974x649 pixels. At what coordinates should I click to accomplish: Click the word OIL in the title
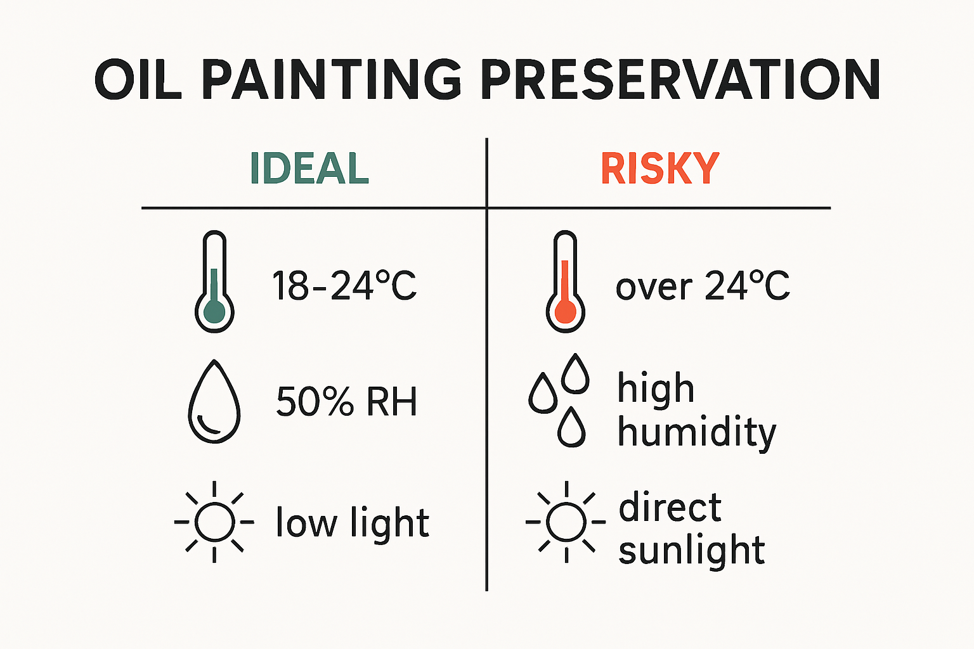138,80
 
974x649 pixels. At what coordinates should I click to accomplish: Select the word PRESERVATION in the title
679,80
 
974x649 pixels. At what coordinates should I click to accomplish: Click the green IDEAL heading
309,169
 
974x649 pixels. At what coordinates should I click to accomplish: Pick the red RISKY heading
660,169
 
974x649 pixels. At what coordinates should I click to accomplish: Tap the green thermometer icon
214,282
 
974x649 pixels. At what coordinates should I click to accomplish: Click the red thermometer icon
565,282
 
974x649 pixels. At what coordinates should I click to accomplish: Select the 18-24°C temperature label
344,286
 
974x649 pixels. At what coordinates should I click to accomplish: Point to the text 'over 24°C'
703,286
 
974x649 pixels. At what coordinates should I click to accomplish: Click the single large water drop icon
214,402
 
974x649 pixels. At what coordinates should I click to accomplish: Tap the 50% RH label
347,402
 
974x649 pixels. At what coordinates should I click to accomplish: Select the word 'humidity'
696,433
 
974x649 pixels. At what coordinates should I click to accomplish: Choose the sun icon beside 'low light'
214,522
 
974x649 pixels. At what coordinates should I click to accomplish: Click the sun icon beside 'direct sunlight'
566,522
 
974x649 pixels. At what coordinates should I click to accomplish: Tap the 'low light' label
353,524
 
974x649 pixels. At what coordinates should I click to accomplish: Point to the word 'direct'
670,508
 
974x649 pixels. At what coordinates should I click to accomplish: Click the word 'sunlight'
692,550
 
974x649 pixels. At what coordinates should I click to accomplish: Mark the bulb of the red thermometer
565,311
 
